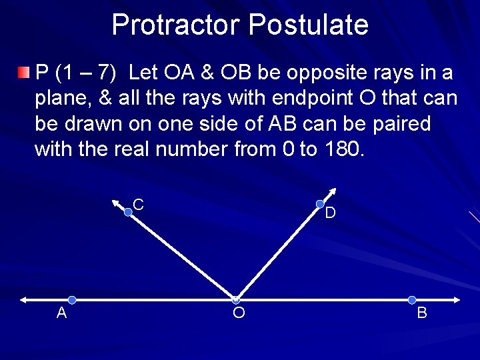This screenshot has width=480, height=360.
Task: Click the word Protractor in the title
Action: (x=177, y=25)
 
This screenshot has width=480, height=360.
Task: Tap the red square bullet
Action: (x=24, y=71)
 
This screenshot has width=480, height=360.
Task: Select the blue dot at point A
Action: (x=72, y=300)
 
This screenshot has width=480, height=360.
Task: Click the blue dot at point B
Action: (x=412, y=300)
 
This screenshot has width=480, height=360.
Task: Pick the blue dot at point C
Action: (x=129, y=212)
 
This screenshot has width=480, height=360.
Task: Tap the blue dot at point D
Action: (x=320, y=204)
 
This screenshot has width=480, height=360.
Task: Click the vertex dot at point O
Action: (x=235, y=300)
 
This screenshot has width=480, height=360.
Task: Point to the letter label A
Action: (x=61, y=313)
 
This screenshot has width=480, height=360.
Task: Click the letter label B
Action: (x=422, y=313)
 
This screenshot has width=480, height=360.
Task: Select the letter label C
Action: (x=139, y=205)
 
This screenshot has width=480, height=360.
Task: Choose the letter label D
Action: (x=330, y=214)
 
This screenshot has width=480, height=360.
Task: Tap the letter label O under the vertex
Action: (x=239, y=313)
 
